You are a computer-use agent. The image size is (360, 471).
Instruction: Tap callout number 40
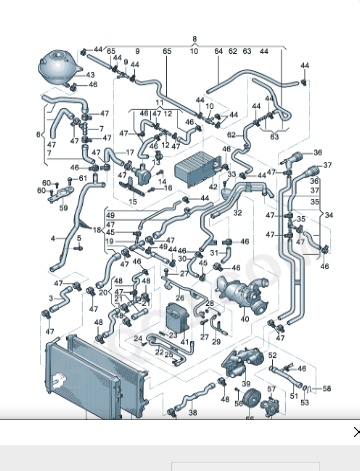coord(244,319)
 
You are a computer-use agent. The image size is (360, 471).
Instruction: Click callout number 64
coord(218,50)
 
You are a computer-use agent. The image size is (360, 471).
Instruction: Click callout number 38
coord(192,412)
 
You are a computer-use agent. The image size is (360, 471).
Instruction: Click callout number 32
coord(238,212)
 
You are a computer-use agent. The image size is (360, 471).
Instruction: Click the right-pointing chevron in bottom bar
coord(354,433)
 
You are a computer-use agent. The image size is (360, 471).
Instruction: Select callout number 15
coord(133,201)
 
